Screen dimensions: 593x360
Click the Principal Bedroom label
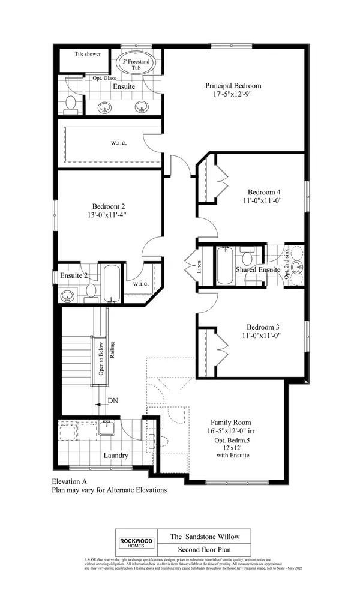(233, 86)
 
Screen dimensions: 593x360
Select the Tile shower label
(88, 54)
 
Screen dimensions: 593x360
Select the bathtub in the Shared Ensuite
(224, 265)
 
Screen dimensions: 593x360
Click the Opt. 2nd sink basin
(298, 267)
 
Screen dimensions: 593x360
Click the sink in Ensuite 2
(67, 295)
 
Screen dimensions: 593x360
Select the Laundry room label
(116, 456)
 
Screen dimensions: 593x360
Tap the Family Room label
(230, 422)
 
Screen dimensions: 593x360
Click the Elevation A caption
(71, 481)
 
